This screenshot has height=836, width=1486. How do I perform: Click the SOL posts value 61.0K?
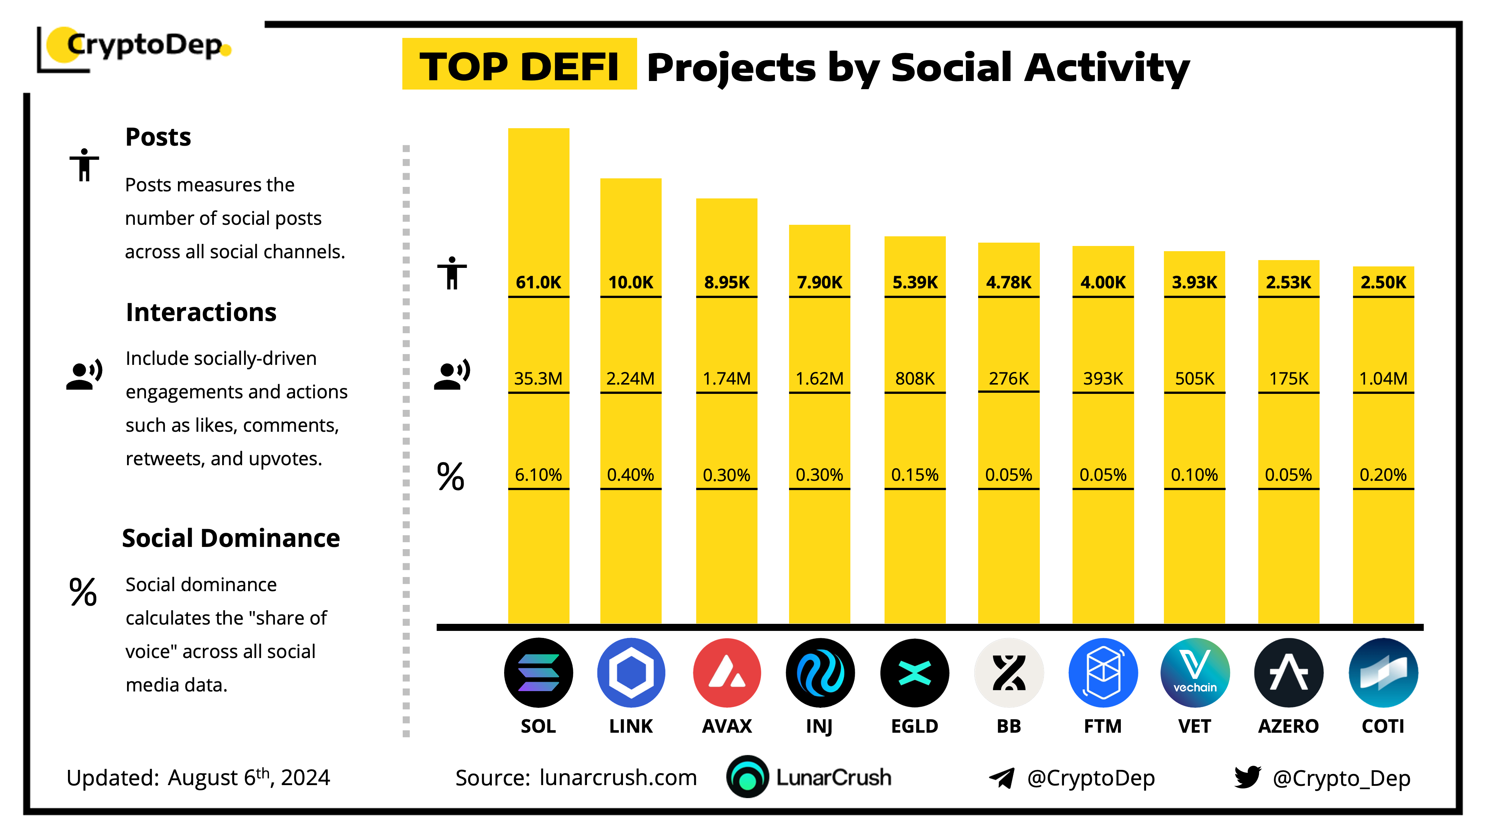pyautogui.click(x=538, y=282)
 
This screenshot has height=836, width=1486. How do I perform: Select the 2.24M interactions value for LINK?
pyautogui.click(x=630, y=379)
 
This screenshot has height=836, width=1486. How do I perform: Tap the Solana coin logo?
pyautogui.click(x=538, y=673)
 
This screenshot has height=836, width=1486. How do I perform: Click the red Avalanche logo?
pyautogui.click(x=727, y=673)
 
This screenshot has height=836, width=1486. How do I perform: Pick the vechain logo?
pyautogui.click(x=1195, y=673)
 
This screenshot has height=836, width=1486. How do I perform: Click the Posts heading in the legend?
pyautogui.click(x=158, y=137)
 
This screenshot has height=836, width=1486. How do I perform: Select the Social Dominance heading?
pyautogui.click(x=231, y=538)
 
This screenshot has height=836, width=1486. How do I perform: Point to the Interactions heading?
pyautogui.click(x=201, y=312)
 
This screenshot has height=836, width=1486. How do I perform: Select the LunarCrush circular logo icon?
pyautogui.click(x=747, y=777)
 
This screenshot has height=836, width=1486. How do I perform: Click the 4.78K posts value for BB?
pyautogui.click(x=1008, y=282)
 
